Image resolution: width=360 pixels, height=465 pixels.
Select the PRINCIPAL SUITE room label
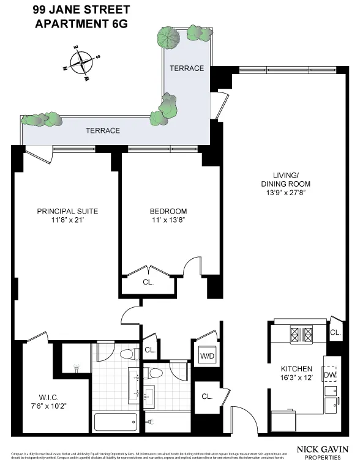pyautogui.click(x=67, y=211)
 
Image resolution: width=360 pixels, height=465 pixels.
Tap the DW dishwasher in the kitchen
pyautogui.click(x=331, y=375)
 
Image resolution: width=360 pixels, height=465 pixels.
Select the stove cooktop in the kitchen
pyautogui.click(x=301, y=335)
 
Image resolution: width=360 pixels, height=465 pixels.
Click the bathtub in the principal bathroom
pyautogui.click(x=117, y=422)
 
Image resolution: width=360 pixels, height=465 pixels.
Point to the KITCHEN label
pyautogui.click(x=296, y=369)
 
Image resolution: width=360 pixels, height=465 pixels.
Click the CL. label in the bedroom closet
pyautogui.click(x=148, y=283)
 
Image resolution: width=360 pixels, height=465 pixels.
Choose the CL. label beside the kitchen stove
pyautogui.click(x=335, y=332)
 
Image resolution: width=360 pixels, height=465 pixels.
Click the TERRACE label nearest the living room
pyautogui.click(x=186, y=68)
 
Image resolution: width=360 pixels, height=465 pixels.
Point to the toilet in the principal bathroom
pyautogui.click(x=127, y=354)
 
